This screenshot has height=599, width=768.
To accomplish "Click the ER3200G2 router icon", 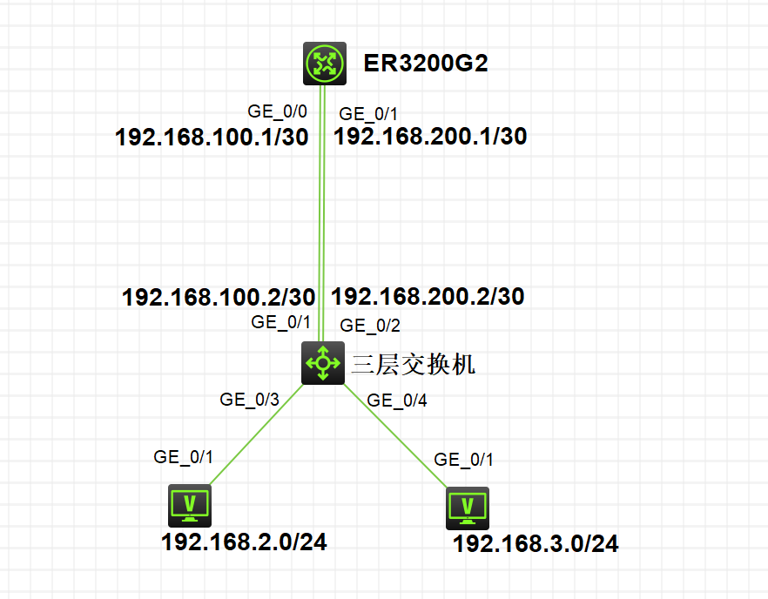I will [x=325, y=64].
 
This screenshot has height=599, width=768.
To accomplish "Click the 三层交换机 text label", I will [x=413, y=364].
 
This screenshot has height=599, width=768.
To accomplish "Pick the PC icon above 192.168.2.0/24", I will [x=191, y=505].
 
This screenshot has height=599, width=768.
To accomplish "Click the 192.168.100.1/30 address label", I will [x=212, y=138].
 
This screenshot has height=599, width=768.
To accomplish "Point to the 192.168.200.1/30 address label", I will [x=430, y=136].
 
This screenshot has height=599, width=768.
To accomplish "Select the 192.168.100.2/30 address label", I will [x=219, y=297].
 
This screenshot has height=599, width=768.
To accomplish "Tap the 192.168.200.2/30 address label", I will [x=428, y=296].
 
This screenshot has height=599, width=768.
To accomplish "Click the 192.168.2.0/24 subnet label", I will [x=244, y=542].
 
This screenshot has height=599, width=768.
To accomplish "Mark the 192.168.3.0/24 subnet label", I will [x=536, y=544].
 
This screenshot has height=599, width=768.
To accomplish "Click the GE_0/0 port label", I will [x=278, y=111].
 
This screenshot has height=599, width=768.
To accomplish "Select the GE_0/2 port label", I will [x=370, y=326].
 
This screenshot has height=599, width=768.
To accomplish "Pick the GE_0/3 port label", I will [x=250, y=400].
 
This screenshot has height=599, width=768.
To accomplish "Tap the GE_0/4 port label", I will [x=397, y=400].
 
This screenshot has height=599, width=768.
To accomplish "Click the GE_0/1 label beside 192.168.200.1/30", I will [x=368, y=113].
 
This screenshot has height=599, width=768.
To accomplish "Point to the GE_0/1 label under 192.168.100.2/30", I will [x=280, y=321].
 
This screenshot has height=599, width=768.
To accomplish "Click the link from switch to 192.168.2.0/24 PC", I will [x=255, y=432].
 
